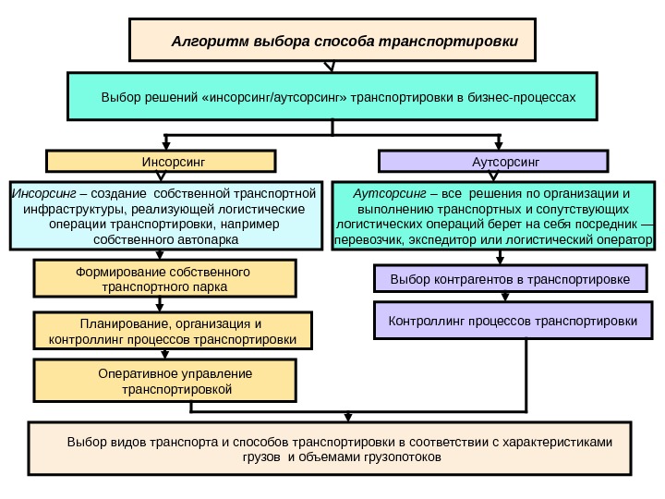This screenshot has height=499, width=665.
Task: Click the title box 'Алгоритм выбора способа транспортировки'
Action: pyautogui.click(x=332, y=43)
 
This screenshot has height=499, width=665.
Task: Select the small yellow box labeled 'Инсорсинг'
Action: pyautogui.click(x=162, y=162)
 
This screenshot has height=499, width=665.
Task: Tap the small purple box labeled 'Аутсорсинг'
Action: pyautogui.click(x=495, y=162)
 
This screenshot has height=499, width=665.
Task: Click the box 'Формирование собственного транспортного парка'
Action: pyautogui.click(x=164, y=280)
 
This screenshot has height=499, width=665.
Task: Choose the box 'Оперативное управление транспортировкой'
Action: pyautogui.click(x=166, y=382)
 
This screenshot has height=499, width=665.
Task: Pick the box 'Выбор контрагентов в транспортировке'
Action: pyautogui.click(x=510, y=278)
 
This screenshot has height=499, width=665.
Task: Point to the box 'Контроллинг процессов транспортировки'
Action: pyautogui.click(x=513, y=321)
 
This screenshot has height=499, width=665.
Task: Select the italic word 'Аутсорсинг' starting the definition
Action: pyautogui.click(x=387, y=194)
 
